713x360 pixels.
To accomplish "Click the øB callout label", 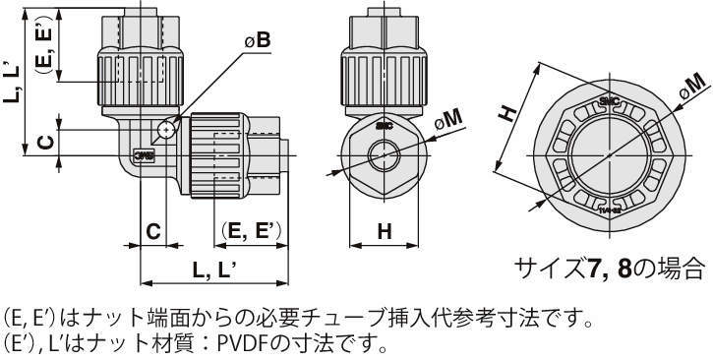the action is click(x=258, y=41).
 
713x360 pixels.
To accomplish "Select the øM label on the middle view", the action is click(x=448, y=119).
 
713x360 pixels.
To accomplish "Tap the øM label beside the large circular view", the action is click(x=692, y=87).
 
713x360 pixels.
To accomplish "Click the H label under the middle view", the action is click(x=385, y=232).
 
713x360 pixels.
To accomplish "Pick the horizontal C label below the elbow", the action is click(x=153, y=232).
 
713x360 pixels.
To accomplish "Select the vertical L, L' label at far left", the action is click(x=12, y=83).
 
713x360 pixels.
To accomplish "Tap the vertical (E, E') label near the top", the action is click(x=45, y=44).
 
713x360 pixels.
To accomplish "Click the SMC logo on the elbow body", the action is click(x=144, y=156).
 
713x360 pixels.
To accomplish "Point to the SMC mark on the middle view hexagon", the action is click(x=385, y=127).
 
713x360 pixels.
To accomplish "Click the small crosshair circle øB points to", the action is click(x=166, y=131).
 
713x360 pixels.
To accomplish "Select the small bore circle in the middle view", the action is click(x=385, y=155).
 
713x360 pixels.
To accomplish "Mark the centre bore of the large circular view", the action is click(x=610, y=155).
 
